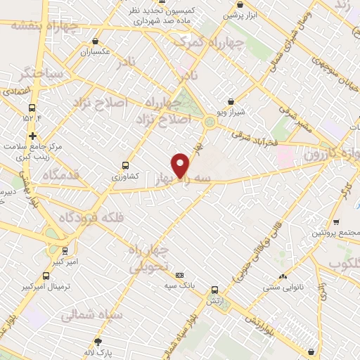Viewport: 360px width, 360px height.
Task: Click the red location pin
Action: pyautogui.click(x=181, y=165)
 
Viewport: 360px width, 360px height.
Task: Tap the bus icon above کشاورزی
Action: pyautogui.click(x=125, y=166)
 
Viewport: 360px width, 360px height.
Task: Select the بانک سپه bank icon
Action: pyautogui.click(x=180, y=275)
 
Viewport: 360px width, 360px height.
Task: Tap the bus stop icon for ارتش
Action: pyautogui.click(x=214, y=288)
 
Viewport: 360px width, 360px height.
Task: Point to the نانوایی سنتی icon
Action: pyautogui.click(x=283, y=277)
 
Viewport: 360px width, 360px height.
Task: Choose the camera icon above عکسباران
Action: pyautogui.click(x=95, y=41)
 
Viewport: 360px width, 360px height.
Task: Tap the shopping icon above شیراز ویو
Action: pyautogui.click(x=231, y=101)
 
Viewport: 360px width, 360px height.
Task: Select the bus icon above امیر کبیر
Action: pyautogui.click(x=65, y=250)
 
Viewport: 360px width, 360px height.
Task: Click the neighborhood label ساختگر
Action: pyautogui.click(x=41, y=74)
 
